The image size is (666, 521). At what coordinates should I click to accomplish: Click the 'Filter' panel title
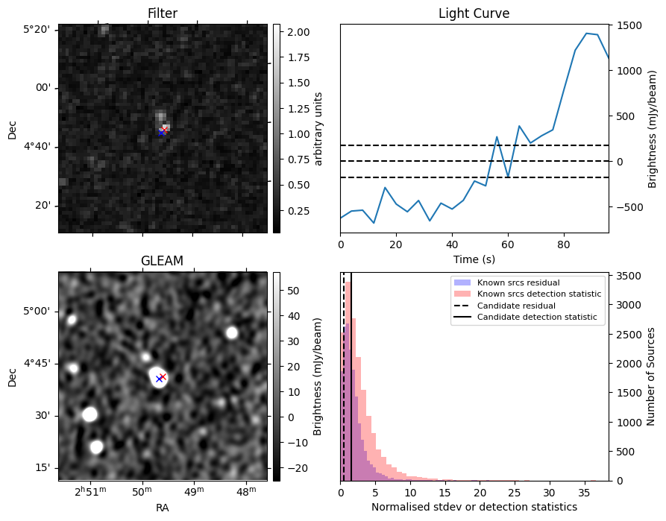pos(163,13)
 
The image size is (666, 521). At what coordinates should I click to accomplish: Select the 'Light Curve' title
pos(474,13)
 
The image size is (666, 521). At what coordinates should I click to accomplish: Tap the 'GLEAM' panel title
pos(162,261)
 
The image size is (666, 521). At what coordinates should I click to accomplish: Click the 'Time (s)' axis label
pos(474,259)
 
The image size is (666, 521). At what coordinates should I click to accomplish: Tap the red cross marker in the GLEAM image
pos(163,376)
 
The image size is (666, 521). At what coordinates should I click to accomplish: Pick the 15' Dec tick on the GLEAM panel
pos(42,467)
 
